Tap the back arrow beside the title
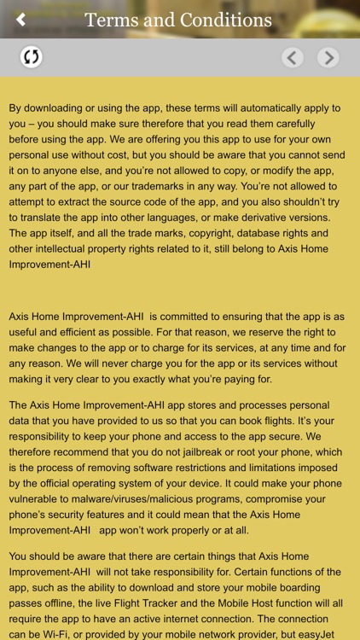21,20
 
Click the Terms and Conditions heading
178,20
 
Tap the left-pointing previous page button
293,58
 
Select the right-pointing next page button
328,58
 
